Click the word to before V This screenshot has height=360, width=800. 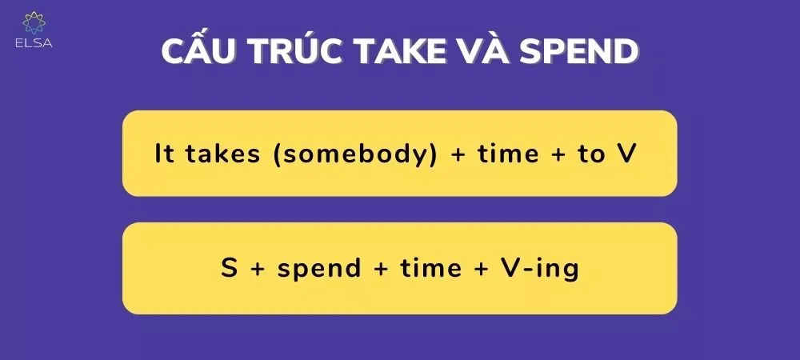tap(592, 154)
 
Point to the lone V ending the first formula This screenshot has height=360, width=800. tap(626, 154)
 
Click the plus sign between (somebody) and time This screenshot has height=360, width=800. tap(458, 155)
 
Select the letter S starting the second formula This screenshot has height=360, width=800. tap(229, 269)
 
